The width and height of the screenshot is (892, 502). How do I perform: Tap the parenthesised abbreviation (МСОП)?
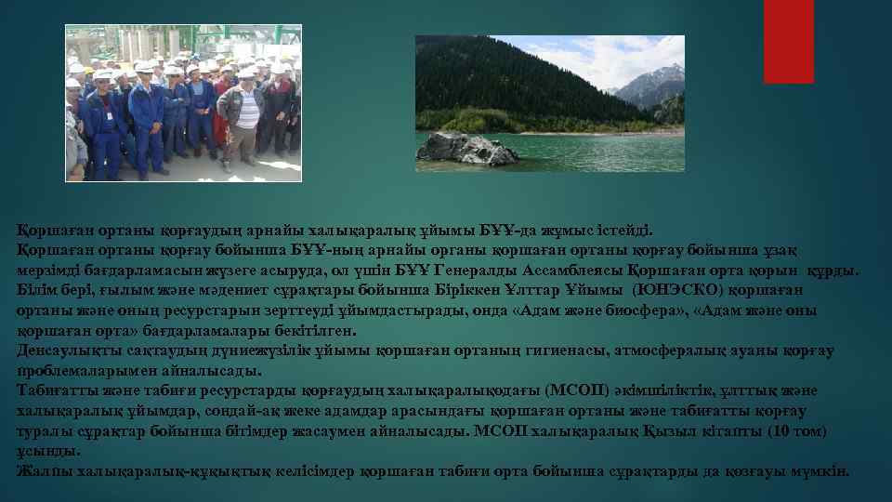click(x=581, y=390)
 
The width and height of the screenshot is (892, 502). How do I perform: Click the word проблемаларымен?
click(x=78, y=370)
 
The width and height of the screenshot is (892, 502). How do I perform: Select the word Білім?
click(x=35, y=290)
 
